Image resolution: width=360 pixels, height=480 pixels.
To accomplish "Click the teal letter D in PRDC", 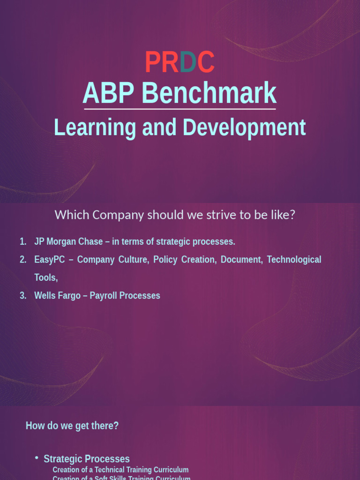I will pos(188,62).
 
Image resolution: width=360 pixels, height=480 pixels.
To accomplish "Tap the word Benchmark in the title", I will pos(209,93).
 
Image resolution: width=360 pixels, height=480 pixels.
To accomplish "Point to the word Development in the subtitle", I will pos(244,127).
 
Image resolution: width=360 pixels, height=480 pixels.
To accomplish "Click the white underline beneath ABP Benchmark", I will pos(180,109).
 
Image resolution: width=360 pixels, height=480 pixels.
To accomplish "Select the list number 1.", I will pos(22,242).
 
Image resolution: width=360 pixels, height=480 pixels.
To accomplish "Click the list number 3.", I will pos(22,296).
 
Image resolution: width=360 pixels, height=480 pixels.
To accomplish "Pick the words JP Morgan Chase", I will pos(68,242).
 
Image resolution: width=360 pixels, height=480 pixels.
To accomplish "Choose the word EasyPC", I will pos(49,260).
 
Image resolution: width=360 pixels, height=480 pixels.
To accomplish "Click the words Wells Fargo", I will pos(57,296).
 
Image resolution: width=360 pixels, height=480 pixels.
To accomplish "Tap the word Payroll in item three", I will pos(103,296).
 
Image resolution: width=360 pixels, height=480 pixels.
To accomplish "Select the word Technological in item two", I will pos(294,260).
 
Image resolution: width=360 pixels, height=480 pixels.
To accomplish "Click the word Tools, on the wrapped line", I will pos(46,277).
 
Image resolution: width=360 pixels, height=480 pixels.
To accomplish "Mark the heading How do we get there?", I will pos(72,426).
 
